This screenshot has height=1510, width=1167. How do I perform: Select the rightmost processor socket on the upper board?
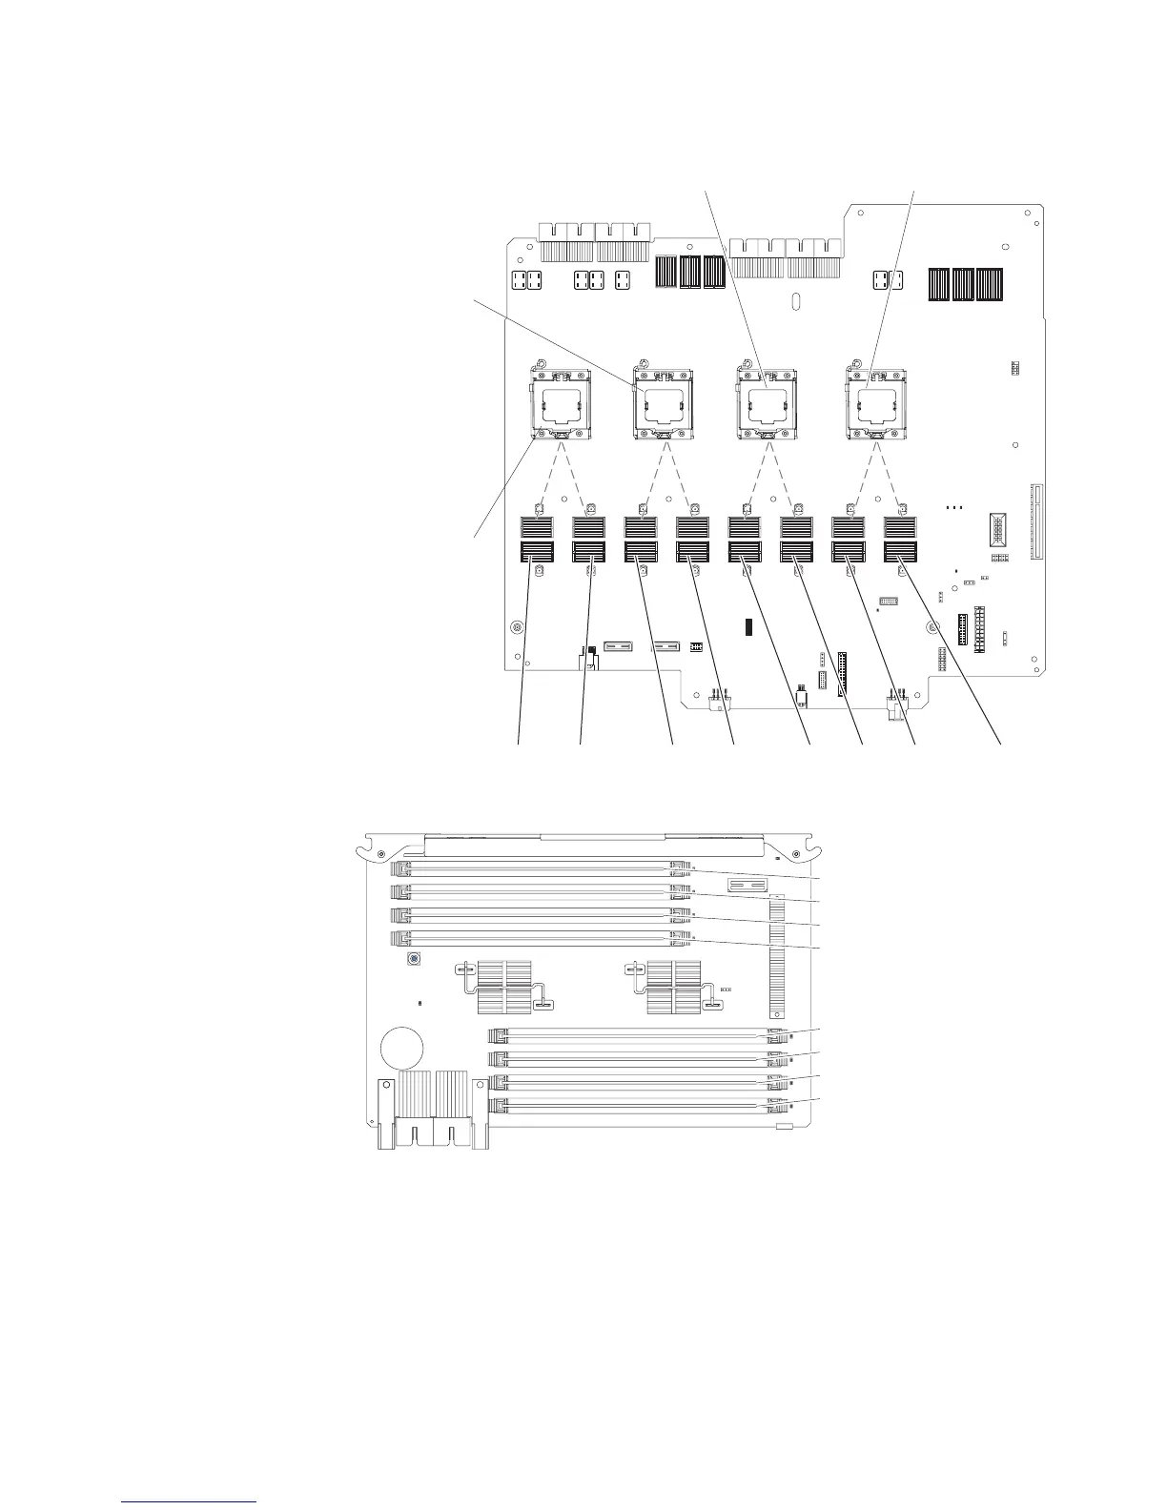873,404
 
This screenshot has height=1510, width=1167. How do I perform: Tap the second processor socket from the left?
664,404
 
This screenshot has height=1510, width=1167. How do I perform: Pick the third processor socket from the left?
768,404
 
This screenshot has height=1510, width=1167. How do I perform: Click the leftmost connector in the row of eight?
538,539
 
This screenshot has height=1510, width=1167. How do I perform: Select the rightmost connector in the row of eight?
900,539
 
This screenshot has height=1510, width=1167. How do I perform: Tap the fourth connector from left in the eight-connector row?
693,539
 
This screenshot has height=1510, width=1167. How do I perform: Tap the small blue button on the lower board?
415,958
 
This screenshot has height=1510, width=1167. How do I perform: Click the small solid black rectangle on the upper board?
749,626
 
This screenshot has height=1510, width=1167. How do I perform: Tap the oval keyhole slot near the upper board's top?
797,302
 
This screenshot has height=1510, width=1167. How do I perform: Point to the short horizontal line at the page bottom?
190,1501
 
